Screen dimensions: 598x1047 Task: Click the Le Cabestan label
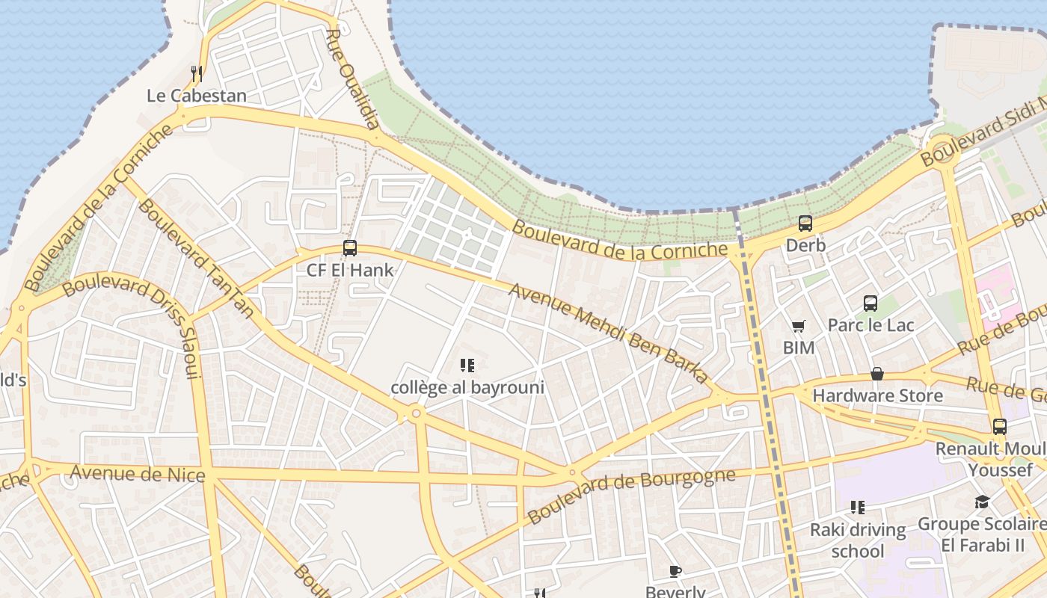(196, 96)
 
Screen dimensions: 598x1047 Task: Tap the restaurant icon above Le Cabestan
(196, 73)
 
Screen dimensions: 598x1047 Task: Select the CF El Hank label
(350, 270)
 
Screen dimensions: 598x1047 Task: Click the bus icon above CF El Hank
(350, 248)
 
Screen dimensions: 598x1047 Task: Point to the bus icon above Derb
(805, 223)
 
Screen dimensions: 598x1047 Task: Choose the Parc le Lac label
(871, 325)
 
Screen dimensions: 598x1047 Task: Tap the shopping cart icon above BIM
(799, 326)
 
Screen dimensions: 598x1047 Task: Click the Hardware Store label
(877, 395)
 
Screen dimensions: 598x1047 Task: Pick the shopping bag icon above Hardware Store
(877, 374)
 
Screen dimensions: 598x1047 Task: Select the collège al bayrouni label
(467, 387)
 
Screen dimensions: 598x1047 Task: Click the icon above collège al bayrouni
(467, 366)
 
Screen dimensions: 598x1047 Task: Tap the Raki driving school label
(858, 540)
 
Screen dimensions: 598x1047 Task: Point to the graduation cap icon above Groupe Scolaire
(982, 502)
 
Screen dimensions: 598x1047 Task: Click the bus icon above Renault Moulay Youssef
(1000, 427)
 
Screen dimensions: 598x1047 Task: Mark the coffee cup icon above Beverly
(675, 572)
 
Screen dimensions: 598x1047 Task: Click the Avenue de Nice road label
(138, 473)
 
